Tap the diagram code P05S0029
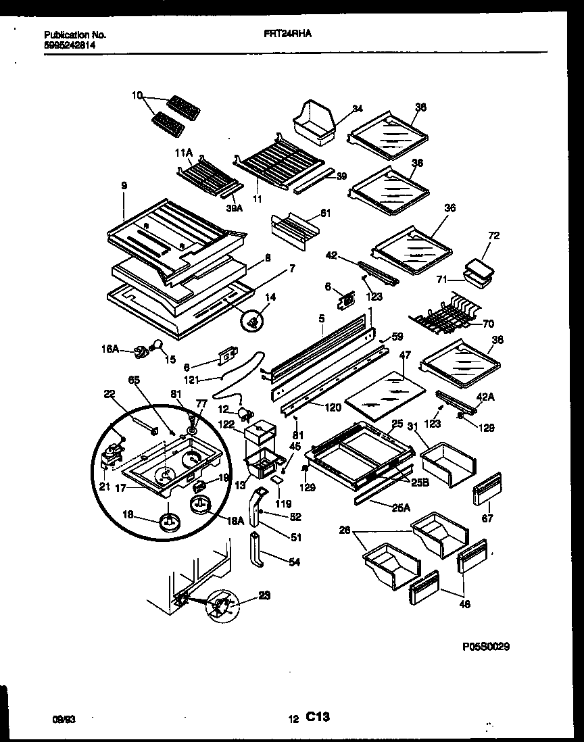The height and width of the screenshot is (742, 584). (x=486, y=647)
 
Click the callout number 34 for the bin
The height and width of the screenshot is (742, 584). (x=358, y=108)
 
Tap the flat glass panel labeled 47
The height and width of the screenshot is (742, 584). (x=385, y=395)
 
